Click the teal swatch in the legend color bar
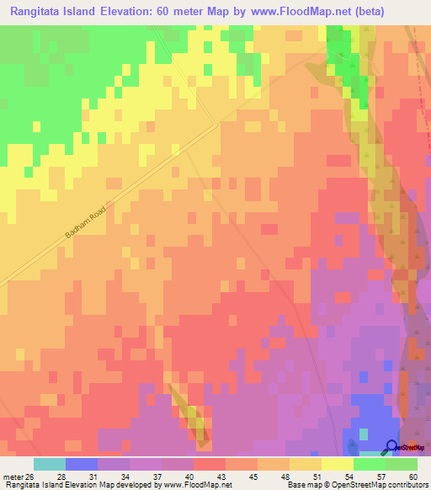50,464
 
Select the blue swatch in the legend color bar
82,464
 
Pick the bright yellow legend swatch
338,464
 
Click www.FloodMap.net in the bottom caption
184,485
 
